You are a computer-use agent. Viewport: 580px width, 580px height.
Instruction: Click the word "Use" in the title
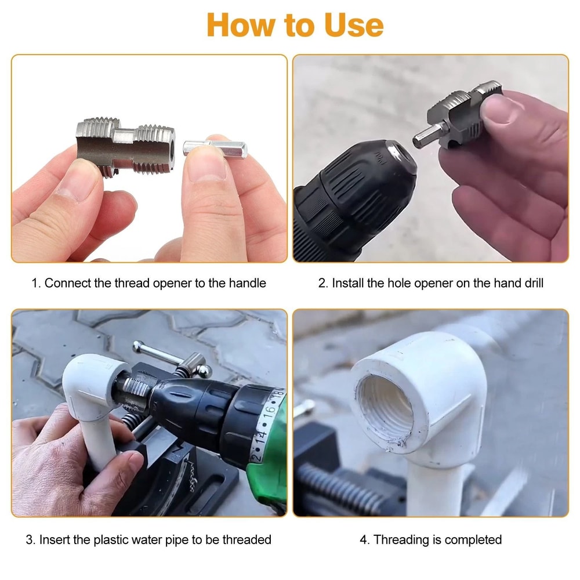click(x=350, y=25)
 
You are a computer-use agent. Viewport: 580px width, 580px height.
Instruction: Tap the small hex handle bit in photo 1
click(x=215, y=149)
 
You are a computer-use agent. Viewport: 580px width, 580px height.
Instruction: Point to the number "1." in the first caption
click(x=36, y=283)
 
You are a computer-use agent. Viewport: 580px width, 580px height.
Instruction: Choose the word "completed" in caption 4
click(x=475, y=539)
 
